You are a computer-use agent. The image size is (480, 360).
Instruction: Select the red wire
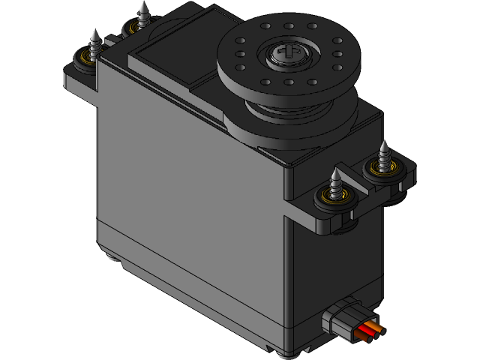pyautogui.click(x=366, y=329)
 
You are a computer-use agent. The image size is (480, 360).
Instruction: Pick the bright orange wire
pyautogui.click(x=376, y=326)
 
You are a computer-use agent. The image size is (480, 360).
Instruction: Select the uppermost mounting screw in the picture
pyautogui.click(x=142, y=12)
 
